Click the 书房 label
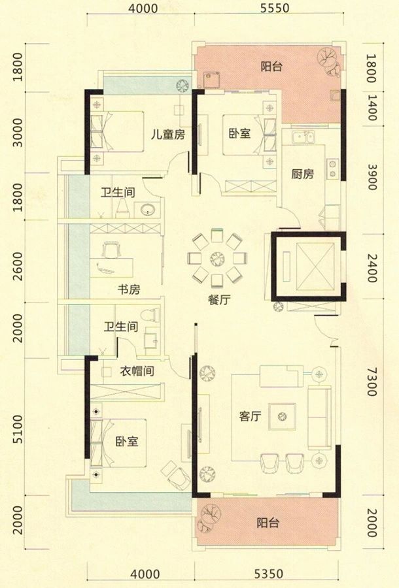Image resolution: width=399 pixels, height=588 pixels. (129, 289)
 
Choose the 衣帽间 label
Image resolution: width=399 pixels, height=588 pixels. (136, 372)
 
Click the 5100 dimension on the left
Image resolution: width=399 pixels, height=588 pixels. (18, 431)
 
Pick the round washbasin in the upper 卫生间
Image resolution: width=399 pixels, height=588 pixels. (147, 209)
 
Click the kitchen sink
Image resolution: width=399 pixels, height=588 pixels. (302, 137)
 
